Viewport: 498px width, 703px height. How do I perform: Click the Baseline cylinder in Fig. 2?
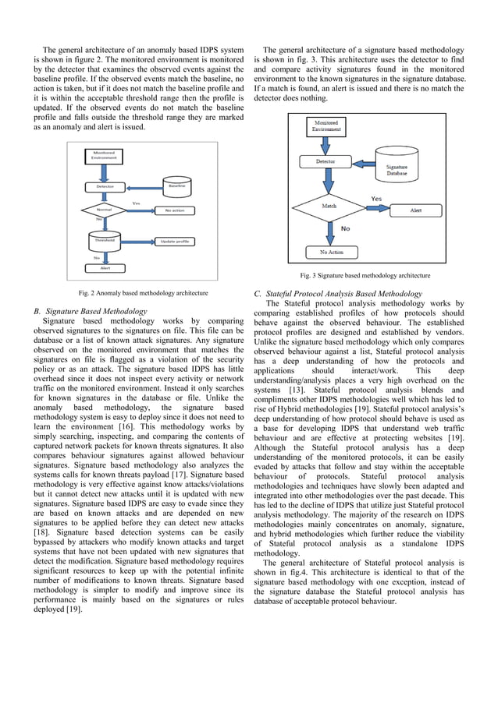176,186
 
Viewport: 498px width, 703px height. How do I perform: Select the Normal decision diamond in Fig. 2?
103,210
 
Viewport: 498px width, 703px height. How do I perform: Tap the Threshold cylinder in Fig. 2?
105,241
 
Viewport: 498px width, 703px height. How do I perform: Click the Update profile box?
175,242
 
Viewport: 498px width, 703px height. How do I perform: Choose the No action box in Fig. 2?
175,210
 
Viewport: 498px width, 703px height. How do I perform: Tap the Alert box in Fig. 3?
417,211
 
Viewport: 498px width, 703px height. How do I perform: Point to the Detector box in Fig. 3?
325,162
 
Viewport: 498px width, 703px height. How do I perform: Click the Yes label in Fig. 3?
375,198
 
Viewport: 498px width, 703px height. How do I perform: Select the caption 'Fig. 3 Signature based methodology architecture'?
365,275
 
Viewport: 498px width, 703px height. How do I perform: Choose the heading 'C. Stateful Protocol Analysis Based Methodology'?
339,294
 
